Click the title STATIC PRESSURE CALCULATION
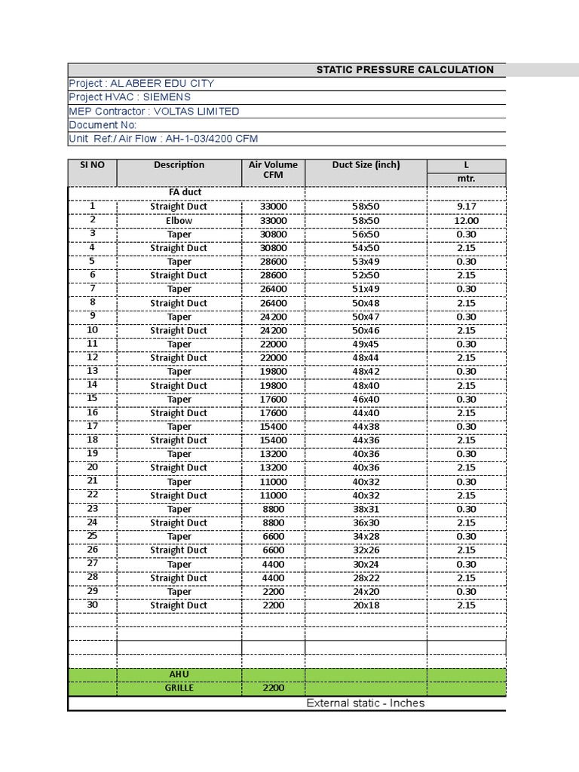[405, 69]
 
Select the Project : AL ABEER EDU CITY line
[141, 83]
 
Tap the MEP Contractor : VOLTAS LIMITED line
[154, 111]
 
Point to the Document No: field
[103, 125]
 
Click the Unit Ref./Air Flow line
[164, 139]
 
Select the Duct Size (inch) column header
[366, 165]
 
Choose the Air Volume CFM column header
[273, 170]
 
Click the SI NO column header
[92, 165]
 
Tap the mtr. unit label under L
[466, 179]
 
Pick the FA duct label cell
[179, 192]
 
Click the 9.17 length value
[466, 206]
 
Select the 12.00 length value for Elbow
[466, 220]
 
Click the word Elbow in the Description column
[179, 220]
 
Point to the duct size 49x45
[366, 344]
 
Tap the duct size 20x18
[366, 605]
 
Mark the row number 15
[92, 398]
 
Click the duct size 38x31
[366, 509]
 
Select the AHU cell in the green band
[179, 674]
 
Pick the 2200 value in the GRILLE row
[273, 688]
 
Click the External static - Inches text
[365, 703]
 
